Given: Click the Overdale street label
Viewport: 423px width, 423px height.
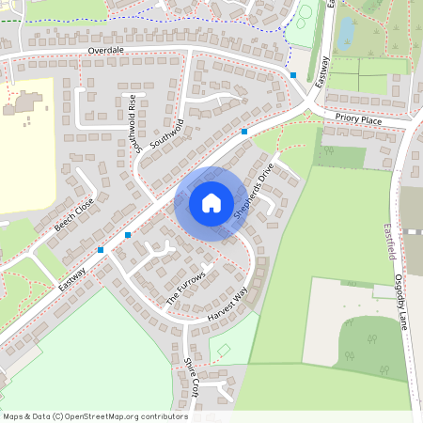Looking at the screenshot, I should tap(106, 50).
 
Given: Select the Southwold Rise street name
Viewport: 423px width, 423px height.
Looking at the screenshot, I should tap(139, 123).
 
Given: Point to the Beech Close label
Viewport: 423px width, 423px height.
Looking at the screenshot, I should tap(73, 215).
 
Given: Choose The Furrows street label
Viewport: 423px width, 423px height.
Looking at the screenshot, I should tap(185, 287).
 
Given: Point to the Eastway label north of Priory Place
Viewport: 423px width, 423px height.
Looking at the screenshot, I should tap(323, 72).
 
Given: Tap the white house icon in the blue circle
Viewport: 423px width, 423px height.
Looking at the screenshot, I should tap(211, 203).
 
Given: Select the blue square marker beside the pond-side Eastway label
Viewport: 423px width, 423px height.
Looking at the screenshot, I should tap(293, 75).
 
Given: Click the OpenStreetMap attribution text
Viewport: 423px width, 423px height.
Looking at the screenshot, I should tap(94, 416).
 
